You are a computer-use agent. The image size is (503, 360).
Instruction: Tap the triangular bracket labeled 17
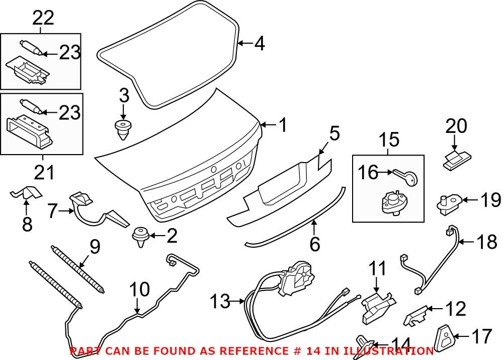click(x=444, y=338)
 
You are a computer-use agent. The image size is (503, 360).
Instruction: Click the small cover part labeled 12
click(x=415, y=315)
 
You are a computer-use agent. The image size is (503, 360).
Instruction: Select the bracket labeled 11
click(x=377, y=306)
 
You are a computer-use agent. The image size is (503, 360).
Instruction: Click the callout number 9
click(x=94, y=247)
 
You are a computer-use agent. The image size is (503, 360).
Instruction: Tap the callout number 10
click(x=139, y=290)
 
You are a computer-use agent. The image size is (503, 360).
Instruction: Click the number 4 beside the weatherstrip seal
click(x=259, y=44)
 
